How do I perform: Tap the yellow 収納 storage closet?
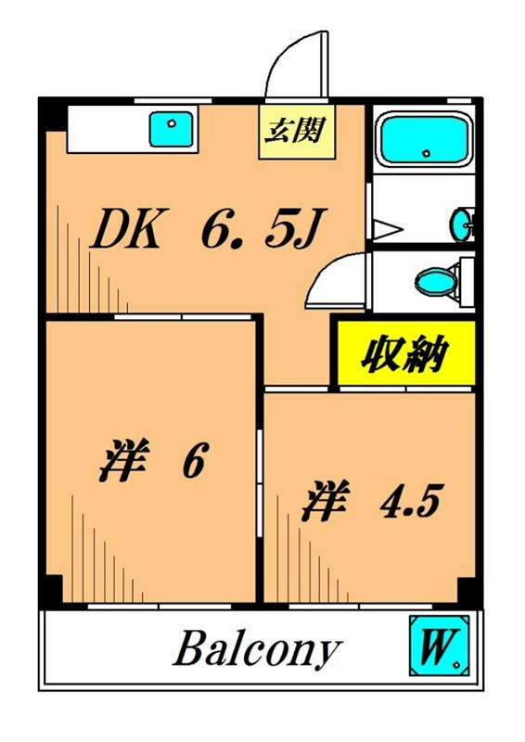pos(406,353)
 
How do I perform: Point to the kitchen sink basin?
pos(172,129)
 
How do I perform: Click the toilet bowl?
pos(436,282)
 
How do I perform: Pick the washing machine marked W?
pos(440,646)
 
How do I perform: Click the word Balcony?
pos(257,652)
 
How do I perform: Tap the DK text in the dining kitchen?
pos(124,229)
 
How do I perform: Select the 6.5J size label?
pos(261,229)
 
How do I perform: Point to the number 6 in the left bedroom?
pos(194,460)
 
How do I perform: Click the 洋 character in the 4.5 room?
pos(327,501)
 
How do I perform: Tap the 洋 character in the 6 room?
pos(124,460)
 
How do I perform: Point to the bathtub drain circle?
pos(427,153)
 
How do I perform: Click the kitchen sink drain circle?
pos(172,123)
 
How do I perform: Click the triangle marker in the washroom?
pos(386,229)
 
